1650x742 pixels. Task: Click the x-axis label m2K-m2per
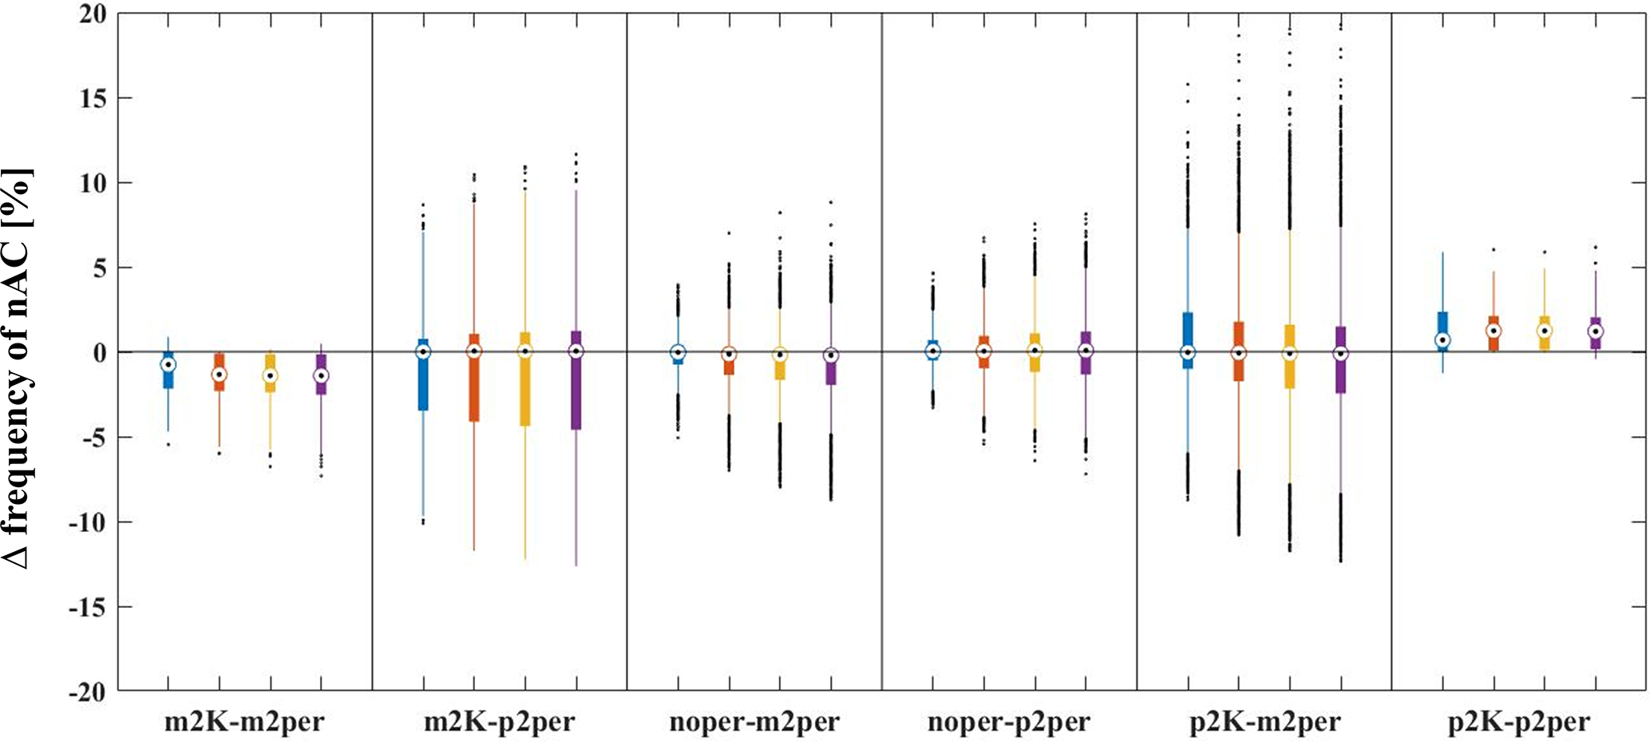tap(244, 723)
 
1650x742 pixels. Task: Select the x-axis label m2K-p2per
tap(499, 723)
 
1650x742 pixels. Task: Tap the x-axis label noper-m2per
tap(754, 723)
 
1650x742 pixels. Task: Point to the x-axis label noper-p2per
tap(1009, 723)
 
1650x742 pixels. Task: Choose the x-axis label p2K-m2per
tap(1265, 723)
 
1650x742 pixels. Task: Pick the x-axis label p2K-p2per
tap(1519, 723)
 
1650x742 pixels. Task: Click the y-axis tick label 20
tap(93, 14)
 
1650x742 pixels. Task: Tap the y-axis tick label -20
tap(88, 692)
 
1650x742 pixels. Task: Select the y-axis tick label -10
tap(88, 522)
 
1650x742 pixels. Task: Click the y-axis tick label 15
tap(93, 99)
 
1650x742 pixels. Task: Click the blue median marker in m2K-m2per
tap(168, 364)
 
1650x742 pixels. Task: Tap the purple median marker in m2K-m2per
tap(321, 375)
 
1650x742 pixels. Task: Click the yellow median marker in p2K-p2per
tap(1545, 331)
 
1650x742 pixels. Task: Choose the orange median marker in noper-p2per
tap(983, 351)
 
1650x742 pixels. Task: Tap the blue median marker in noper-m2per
tap(678, 351)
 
